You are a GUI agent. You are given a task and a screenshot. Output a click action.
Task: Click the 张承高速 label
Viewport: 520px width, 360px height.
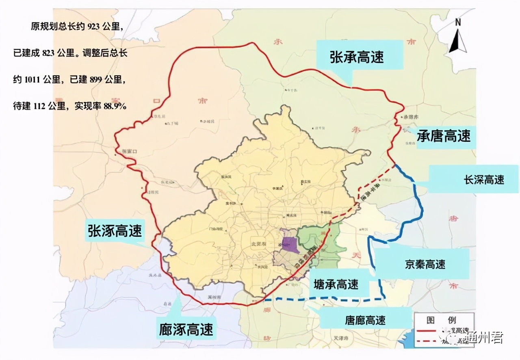pyautogui.click(x=357, y=57)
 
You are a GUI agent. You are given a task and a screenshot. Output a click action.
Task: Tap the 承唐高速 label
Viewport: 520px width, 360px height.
pyautogui.click(x=444, y=136)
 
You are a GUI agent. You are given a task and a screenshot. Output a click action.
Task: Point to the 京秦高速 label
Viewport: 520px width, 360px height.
pyautogui.click(x=425, y=264)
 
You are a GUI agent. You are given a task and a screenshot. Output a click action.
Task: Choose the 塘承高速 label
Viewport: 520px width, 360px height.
pyautogui.click(x=336, y=284)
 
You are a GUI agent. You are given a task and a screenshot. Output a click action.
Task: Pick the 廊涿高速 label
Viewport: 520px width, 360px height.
pyautogui.click(x=186, y=328)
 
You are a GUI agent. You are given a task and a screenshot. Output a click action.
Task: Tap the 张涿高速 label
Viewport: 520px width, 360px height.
pyautogui.click(x=115, y=231)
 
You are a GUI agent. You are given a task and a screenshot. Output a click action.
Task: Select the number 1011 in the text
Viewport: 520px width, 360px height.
pyautogui.click(x=33, y=80)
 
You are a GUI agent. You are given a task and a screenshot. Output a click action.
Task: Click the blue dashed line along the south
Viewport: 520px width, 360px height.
pyautogui.click(x=325, y=299)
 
